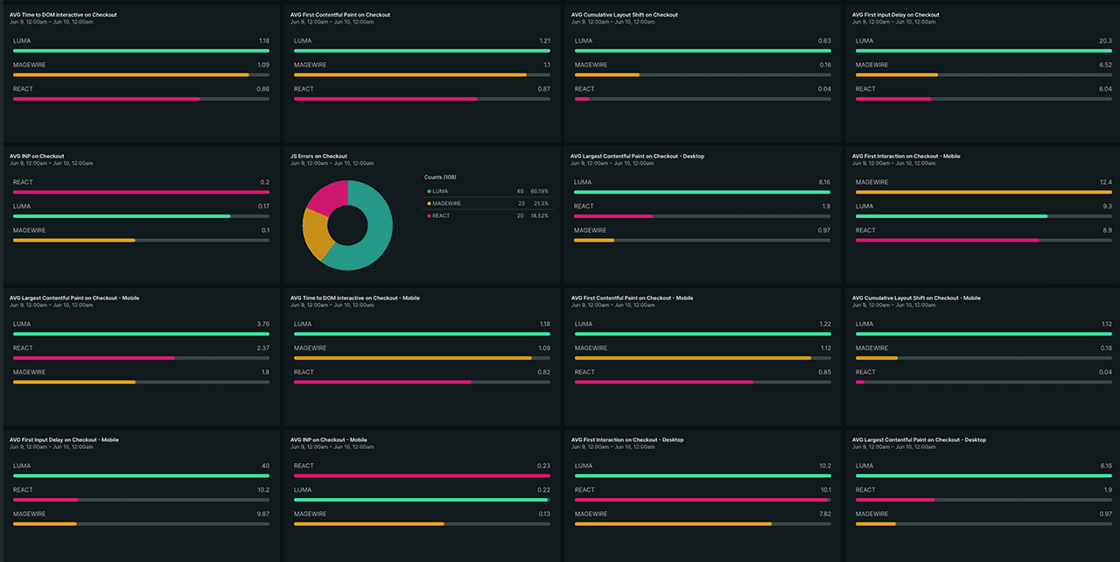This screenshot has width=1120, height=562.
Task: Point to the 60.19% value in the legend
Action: tap(539, 191)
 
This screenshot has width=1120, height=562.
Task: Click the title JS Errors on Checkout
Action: tap(318, 157)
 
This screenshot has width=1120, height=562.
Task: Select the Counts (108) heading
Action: tap(440, 178)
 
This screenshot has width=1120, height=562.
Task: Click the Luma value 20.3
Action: tap(1105, 41)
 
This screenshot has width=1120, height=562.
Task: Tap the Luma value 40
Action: tap(265, 466)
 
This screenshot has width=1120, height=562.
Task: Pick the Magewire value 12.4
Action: tap(1105, 182)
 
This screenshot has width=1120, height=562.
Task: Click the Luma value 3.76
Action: tap(263, 324)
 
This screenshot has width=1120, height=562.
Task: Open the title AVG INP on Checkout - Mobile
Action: tap(329, 440)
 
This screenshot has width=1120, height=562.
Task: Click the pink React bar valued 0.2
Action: tap(141, 192)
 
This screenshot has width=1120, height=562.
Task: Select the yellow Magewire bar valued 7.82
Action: tap(673, 523)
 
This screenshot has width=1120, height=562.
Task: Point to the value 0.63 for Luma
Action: tap(824, 41)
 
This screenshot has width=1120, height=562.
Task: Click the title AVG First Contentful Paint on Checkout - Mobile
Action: tap(632, 299)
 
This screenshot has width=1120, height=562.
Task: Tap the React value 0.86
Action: tap(262, 89)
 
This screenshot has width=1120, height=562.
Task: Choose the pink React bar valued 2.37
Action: tap(94, 358)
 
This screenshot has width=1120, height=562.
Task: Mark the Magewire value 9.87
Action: tap(262, 514)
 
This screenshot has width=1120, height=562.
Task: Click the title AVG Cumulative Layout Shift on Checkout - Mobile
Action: tap(916, 299)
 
